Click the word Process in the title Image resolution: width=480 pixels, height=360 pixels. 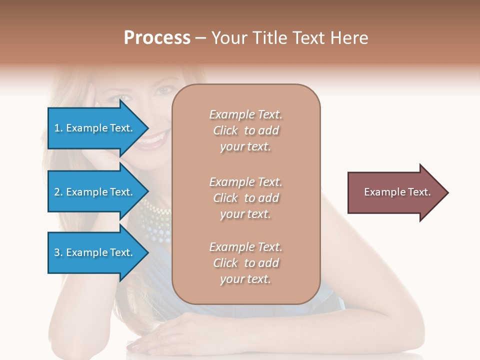pyautogui.click(x=157, y=37)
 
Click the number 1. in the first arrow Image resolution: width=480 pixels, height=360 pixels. pyautogui.click(x=58, y=128)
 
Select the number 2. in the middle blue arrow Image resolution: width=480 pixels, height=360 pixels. pyautogui.click(x=58, y=192)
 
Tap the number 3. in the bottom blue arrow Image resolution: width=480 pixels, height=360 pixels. pyautogui.click(x=58, y=252)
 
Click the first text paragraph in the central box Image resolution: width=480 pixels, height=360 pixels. pyautogui.click(x=245, y=130)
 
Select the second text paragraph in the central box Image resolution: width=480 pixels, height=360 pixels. pyautogui.click(x=245, y=198)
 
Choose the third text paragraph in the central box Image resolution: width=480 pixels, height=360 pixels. pyautogui.click(x=245, y=263)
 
